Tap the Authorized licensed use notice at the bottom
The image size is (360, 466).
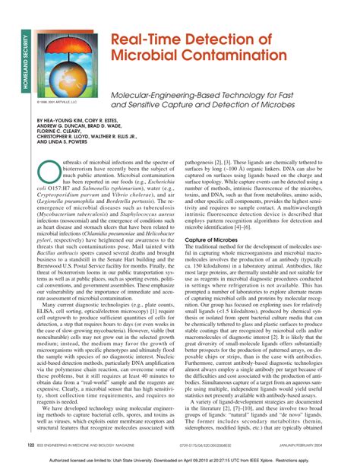[180, 459]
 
